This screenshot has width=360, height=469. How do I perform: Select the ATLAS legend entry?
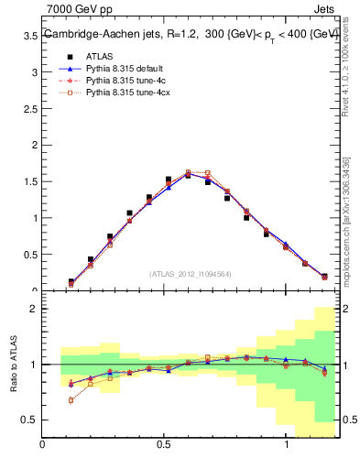tap(98, 55)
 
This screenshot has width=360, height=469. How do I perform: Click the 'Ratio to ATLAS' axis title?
tap(13, 366)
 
